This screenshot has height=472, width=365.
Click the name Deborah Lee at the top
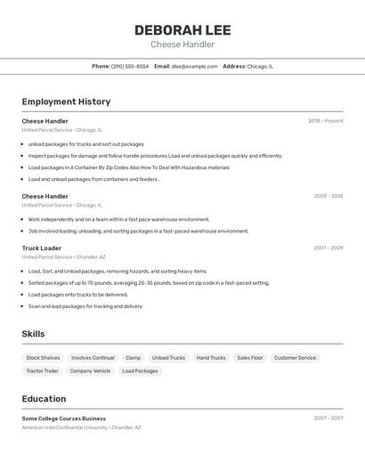click(182, 29)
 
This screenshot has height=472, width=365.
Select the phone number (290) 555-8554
click(130, 66)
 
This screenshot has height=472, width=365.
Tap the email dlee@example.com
click(194, 66)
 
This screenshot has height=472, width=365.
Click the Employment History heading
click(66, 102)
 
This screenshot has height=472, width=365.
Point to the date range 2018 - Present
click(325, 121)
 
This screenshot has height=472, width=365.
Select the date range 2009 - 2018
click(328, 196)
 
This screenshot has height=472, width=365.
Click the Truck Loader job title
click(42, 248)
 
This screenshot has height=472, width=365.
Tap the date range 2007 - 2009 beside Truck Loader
click(328, 248)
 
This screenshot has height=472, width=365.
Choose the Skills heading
click(34, 334)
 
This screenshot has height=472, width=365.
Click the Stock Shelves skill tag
click(43, 358)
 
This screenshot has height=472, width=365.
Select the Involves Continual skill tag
click(93, 358)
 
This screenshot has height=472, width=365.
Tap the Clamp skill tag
click(133, 358)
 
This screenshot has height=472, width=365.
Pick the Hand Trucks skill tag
click(211, 358)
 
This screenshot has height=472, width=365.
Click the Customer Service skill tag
click(295, 358)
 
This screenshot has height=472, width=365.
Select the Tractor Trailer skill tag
click(42, 370)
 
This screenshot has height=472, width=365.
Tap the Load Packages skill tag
click(140, 370)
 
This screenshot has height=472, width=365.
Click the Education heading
click(44, 399)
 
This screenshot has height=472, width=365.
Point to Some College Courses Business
click(64, 418)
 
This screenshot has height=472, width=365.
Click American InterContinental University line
click(81, 427)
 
